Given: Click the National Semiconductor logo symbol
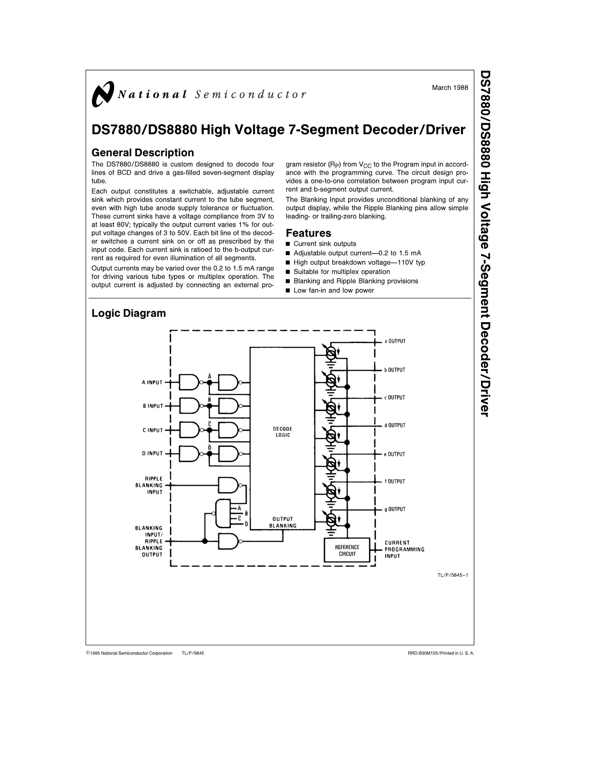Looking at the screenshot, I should [x=103, y=94].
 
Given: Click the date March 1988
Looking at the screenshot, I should [x=450, y=87].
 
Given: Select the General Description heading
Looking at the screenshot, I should [x=143, y=153].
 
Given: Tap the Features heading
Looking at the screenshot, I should [x=308, y=233].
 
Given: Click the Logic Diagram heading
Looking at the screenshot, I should [x=129, y=313].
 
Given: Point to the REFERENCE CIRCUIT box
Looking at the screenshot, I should [x=347, y=550].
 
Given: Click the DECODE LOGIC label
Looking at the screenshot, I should [x=282, y=432].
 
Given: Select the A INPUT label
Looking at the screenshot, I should [x=152, y=382].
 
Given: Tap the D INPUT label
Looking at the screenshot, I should [x=152, y=454].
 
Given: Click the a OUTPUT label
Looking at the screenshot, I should [x=395, y=341].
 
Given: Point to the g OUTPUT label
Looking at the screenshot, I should [x=395, y=509].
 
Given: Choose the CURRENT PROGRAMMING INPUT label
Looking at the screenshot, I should [x=404, y=549].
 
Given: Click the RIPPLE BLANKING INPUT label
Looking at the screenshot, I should [x=149, y=485].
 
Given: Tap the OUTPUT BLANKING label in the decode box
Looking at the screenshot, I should [x=282, y=522].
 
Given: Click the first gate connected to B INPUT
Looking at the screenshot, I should [x=189, y=406].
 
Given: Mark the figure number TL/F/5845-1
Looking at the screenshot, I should [x=452, y=575].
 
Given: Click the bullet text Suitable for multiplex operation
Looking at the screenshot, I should [x=341, y=272].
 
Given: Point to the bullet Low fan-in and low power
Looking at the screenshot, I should [x=334, y=290].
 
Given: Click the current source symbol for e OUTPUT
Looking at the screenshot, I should [x=331, y=463].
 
